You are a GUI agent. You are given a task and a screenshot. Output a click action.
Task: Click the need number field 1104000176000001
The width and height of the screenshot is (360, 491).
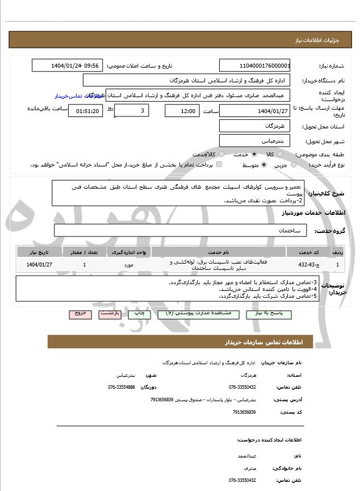tap(255, 65)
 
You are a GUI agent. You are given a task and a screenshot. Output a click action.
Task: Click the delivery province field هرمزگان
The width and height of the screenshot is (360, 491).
tap(255, 126)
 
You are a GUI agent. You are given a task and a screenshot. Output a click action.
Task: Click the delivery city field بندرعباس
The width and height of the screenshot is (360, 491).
tap(255, 140)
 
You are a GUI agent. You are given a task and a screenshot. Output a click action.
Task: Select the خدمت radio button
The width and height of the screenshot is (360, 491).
tap(253, 154)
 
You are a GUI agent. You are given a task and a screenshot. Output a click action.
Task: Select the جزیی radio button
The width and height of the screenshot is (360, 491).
tap(294, 165)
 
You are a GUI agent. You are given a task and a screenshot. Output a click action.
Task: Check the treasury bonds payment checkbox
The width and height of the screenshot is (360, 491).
tap(219, 165)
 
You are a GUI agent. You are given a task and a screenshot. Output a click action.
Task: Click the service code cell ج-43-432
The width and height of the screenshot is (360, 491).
tap(310, 265)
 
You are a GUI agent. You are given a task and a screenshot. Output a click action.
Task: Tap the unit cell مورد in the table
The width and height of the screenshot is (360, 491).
tap(128, 265)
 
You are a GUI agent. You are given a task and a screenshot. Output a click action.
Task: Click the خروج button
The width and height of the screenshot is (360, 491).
tap(79, 314)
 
